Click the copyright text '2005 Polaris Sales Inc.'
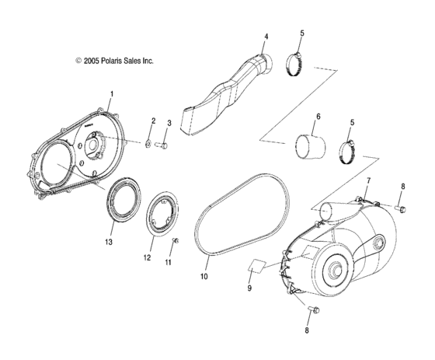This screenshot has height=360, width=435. [114, 60]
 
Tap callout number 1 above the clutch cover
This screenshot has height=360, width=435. [110, 94]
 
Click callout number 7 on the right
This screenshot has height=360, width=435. [368, 181]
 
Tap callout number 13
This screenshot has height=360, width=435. [110, 243]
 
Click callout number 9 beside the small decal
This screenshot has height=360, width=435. [249, 288]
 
